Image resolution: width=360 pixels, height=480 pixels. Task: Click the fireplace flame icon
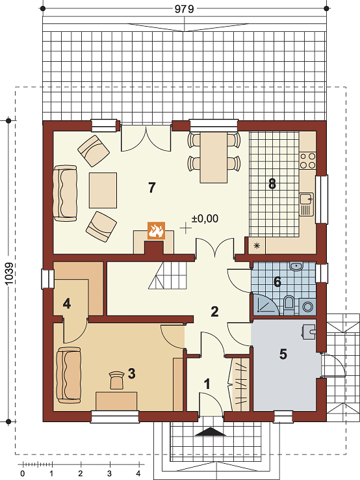[x=157, y=230]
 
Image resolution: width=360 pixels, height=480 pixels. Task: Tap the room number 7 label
[x=151, y=187]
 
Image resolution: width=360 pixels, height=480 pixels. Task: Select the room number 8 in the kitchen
[x=272, y=184]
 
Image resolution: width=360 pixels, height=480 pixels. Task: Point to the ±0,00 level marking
[x=205, y=219]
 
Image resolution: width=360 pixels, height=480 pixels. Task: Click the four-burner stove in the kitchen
[x=308, y=161]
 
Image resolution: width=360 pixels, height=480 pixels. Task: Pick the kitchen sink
[x=307, y=204]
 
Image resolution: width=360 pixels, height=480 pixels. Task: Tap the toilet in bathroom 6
[x=289, y=304]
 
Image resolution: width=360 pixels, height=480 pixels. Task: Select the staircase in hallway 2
[x=168, y=276]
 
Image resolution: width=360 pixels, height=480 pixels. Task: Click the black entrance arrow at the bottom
[x=212, y=432]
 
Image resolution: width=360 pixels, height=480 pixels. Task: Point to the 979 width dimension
[x=185, y=9]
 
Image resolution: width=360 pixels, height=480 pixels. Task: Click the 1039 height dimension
[x=10, y=273]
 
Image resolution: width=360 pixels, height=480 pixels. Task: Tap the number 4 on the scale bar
[x=138, y=473]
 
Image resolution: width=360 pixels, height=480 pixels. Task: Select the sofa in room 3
[x=68, y=375]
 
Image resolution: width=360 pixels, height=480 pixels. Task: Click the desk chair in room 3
[x=116, y=380]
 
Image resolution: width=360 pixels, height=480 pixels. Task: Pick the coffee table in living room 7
[x=103, y=191]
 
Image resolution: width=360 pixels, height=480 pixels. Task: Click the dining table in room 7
[x=214, y=157]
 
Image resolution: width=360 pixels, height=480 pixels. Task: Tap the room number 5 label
[x=283, y=354]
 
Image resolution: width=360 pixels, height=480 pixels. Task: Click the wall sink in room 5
[x=308, y=332]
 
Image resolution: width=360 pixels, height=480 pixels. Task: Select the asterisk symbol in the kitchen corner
[x=257, y=245]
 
